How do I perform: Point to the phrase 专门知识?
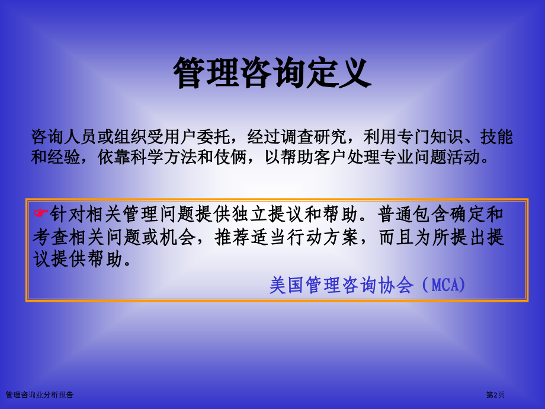(425, 138)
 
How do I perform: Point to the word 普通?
(395, 213)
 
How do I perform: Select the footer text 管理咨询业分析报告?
(39, 394)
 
